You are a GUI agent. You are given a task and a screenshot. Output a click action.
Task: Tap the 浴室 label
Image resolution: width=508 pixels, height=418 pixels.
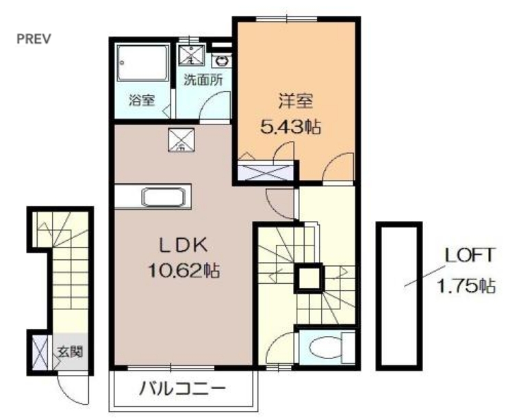click(x=142, y=100)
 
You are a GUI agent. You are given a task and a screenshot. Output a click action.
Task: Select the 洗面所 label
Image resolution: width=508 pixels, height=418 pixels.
click(x=203, y=79)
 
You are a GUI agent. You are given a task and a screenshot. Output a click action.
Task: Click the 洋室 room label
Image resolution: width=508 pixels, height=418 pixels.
click(x=295, y=102)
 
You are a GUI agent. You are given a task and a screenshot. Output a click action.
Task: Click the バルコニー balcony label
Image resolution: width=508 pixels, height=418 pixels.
click(x=183, y=391)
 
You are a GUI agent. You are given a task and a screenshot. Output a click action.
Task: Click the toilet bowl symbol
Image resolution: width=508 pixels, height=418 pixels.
click(x=325, y=348)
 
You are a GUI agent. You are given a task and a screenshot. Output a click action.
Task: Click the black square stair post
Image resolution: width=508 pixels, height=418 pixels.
click(x=309, y=277)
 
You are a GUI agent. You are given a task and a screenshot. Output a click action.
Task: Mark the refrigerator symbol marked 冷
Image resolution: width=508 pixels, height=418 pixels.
click(x=181, y=140)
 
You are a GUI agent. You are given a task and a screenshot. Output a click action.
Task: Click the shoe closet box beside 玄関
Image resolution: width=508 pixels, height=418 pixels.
click(x=38, y=350)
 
